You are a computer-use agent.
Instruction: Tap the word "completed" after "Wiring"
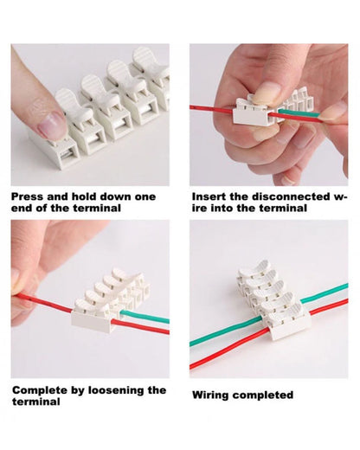pos(265,395)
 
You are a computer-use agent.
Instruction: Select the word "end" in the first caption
pos(22,208)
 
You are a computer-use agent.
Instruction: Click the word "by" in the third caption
pos(84,390)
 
